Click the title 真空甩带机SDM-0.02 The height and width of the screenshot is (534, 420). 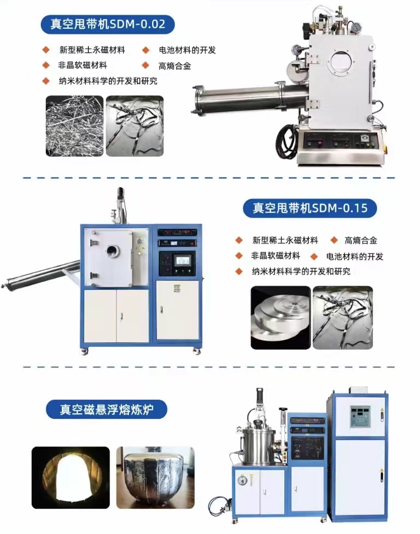(108, 24)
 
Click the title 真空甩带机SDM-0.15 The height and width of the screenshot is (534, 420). (310, 207)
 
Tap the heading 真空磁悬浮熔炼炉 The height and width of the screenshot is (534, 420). (107, 409)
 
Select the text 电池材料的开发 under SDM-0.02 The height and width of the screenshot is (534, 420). (188, 50)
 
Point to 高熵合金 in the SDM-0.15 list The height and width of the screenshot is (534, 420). (360, 240)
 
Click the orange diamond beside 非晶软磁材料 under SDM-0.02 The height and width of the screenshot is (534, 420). (46, 66)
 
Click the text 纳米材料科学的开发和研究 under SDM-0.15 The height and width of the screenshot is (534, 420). (301, 271)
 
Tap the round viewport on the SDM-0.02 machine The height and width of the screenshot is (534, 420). (342, 62)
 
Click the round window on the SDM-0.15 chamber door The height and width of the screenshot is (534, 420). (113, 251)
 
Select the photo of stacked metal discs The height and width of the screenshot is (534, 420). (281, 317)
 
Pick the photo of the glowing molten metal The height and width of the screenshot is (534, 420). (71, 478)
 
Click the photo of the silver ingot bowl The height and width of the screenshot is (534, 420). (155, 478)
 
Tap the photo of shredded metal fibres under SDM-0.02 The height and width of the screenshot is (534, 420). (75, 126)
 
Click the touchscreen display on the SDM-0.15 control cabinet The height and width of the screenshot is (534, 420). (182, 260)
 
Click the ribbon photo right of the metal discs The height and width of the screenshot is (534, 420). (343, 317)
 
